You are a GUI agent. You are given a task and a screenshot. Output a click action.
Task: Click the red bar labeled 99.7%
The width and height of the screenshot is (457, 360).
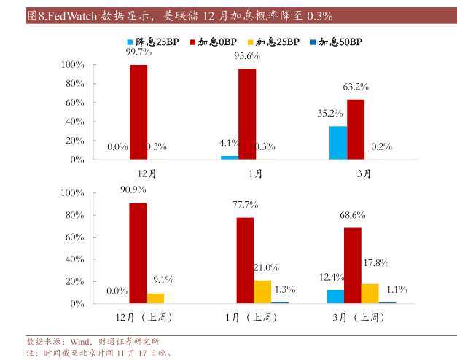(138, 111)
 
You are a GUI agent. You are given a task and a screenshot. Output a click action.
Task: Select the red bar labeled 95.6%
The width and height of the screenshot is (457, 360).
(247, 114)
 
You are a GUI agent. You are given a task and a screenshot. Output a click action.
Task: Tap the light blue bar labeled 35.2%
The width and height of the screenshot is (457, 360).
(337, 142)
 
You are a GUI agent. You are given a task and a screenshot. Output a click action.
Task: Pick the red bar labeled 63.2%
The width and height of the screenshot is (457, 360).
(355, 129)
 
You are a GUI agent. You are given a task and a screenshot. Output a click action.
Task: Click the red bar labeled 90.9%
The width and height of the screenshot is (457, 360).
(138, 253)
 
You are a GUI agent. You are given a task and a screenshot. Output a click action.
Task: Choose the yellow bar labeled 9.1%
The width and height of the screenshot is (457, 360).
(155, 298)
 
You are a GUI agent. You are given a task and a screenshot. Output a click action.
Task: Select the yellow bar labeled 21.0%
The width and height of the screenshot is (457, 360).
(262, 291)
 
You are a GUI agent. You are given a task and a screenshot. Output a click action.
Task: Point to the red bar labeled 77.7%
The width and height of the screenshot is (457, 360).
(245, 260)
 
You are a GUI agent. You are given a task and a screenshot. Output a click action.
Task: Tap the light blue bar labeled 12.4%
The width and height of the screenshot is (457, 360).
(335, 296)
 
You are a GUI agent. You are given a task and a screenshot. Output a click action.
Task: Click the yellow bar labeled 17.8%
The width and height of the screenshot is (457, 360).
(370, 293)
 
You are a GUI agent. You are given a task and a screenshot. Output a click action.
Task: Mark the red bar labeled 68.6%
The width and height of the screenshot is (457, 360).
(353, 265)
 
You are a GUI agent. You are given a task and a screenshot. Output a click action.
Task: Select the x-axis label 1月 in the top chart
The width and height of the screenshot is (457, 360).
(255, 173)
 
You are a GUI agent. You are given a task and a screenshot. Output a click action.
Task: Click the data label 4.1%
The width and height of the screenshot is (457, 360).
(230, 143)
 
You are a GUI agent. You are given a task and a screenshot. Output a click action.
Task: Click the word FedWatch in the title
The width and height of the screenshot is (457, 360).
(74, 15)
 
